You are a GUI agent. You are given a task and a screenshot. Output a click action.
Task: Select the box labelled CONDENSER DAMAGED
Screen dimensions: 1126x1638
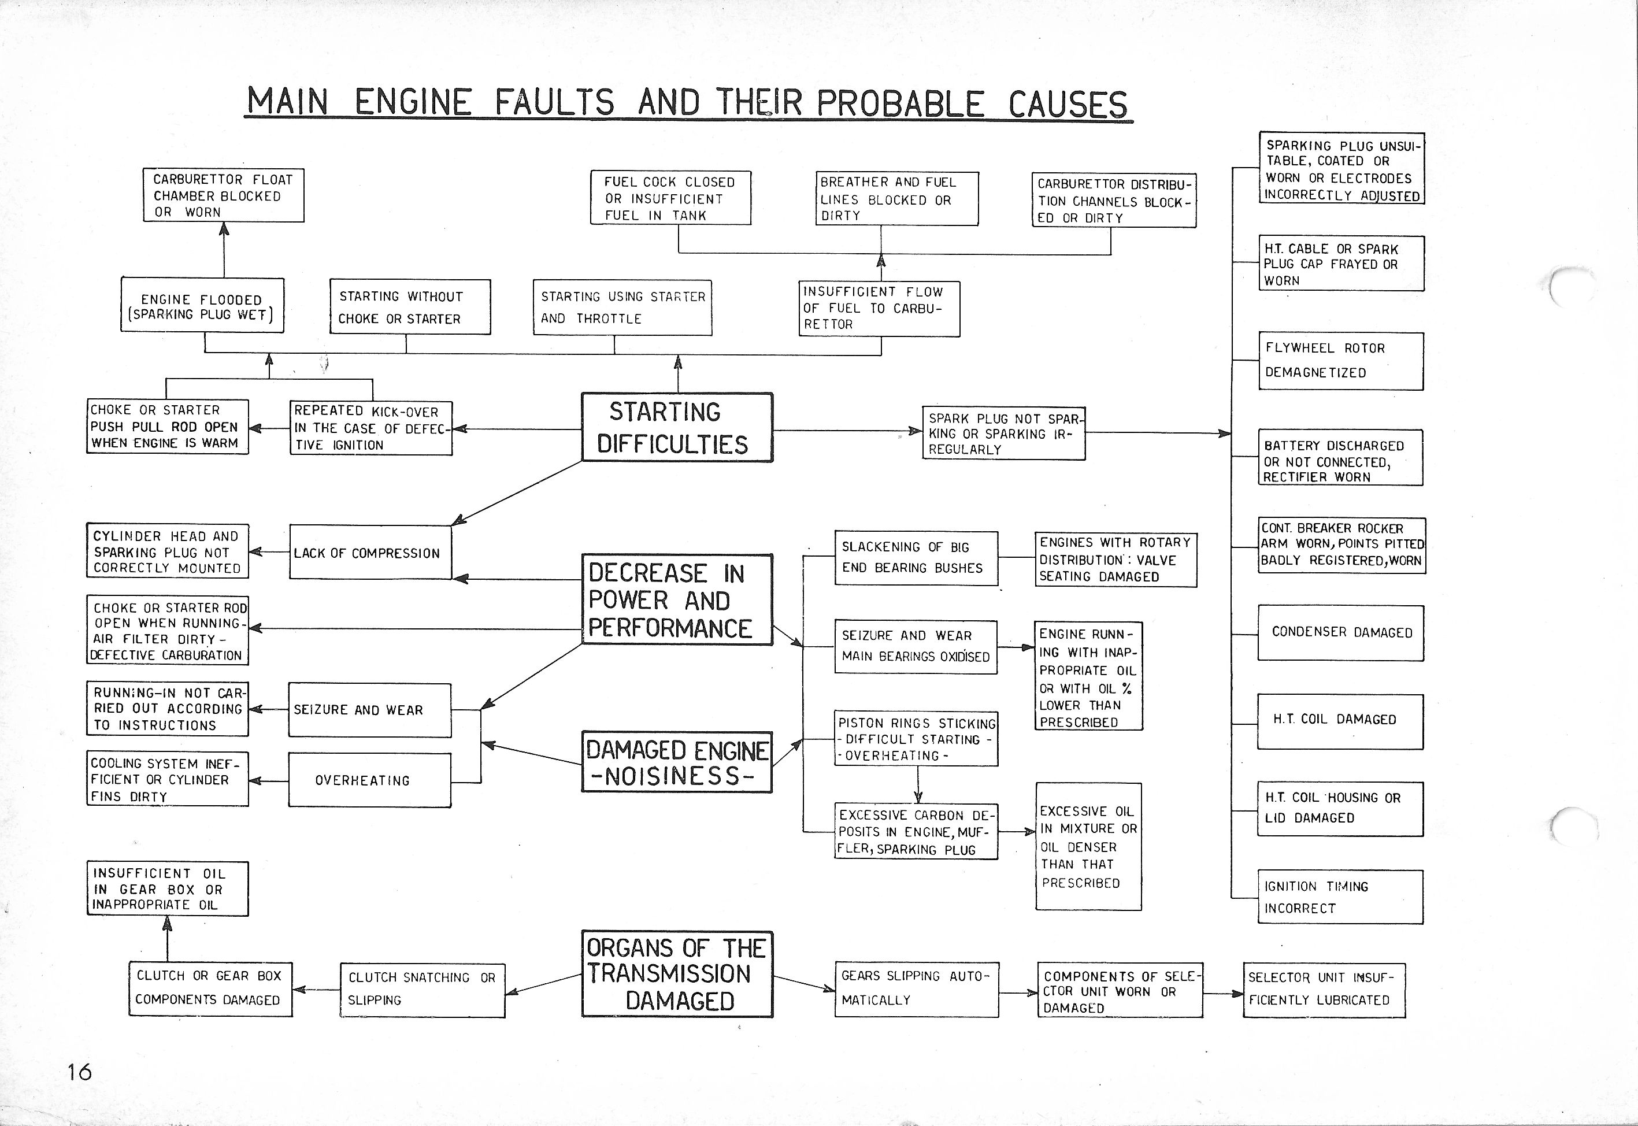(1340, 632)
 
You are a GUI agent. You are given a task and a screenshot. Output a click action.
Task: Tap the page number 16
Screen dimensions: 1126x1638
(79, 1072)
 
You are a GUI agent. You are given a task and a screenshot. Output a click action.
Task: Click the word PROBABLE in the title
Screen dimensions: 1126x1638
(900, 103)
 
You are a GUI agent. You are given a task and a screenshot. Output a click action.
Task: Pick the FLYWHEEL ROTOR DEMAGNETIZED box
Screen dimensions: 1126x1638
(1340, 361)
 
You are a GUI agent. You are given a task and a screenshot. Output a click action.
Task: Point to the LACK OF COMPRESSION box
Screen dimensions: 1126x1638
(370, 553)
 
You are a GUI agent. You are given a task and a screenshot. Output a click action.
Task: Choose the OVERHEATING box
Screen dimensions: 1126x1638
(370, 780)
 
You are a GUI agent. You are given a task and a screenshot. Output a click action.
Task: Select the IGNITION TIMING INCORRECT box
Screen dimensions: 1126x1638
(1340, 897)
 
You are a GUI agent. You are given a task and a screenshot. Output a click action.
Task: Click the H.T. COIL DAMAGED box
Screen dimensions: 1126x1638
(1340, 720)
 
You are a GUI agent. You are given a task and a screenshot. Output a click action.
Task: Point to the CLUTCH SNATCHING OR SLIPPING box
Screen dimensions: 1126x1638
(422, 989)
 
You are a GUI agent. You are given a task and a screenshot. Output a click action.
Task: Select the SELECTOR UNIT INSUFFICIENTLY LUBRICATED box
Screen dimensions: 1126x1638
(1324, 989)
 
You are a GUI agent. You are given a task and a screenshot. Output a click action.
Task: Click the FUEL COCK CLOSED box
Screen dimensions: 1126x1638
(670, 198)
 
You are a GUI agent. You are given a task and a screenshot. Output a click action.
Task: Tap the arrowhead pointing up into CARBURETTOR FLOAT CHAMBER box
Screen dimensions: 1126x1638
(224, 228)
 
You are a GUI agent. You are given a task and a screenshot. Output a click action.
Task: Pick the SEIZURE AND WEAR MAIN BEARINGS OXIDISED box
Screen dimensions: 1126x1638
(916, 646)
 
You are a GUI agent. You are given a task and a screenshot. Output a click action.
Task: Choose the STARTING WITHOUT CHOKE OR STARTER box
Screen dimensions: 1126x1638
(410, 307)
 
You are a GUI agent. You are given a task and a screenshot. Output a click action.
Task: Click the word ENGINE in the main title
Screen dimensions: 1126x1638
(413, 103)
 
